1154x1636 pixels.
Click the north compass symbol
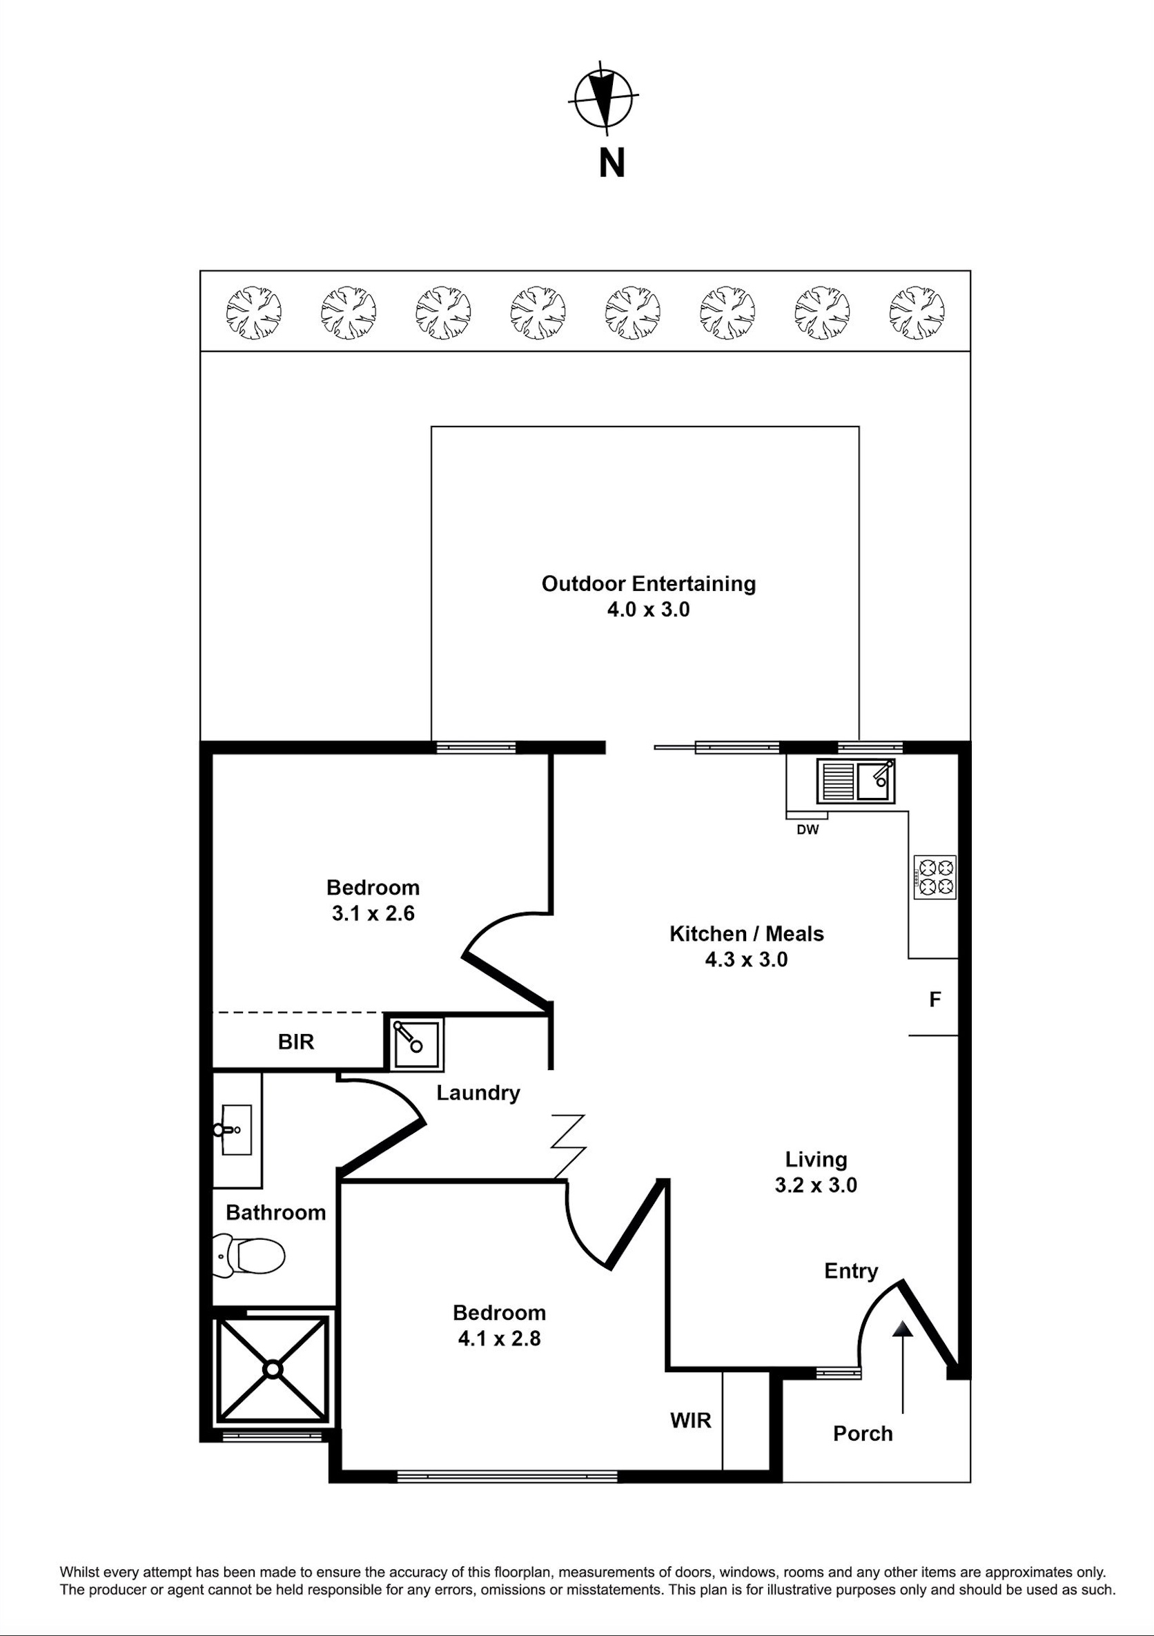604,98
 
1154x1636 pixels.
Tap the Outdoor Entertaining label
648,583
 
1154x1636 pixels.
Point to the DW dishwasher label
808,830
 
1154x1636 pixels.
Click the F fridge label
935,1000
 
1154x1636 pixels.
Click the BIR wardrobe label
295,1042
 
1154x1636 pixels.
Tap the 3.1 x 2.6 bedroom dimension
373,913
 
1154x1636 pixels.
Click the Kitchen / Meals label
747,933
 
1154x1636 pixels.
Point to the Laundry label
478,1093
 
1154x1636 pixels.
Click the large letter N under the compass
612,163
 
